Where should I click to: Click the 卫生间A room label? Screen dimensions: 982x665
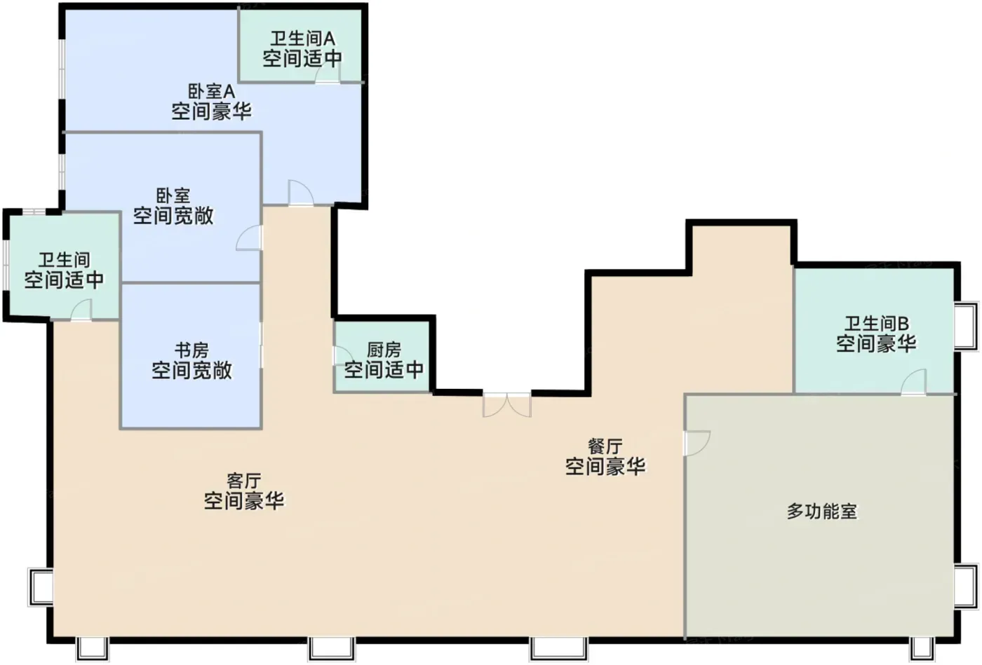(302, 39)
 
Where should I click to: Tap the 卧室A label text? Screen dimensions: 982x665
(212, 92)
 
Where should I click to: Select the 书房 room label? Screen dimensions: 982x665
(191, 350)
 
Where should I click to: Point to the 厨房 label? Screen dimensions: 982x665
(384, 350)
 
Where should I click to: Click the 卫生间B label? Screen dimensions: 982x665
(876, 324)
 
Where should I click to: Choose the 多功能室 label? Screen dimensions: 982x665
(822, 512)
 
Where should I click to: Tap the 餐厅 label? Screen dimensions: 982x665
(605, 446)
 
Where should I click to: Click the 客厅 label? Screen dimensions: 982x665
(244, 481)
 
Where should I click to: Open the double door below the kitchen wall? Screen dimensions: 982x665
(507, 405)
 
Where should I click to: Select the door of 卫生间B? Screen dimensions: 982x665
(914, 382)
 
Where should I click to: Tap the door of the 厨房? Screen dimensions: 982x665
(344, 355)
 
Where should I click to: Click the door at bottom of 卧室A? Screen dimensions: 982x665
(301, 192)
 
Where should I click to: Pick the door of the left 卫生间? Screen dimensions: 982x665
(81, 310)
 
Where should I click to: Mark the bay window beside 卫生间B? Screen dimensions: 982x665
(967, 326)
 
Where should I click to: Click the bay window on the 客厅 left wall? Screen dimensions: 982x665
(41, 587)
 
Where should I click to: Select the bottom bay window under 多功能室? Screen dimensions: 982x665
(922, 650)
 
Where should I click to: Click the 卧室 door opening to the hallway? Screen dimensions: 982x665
(249, 238)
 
